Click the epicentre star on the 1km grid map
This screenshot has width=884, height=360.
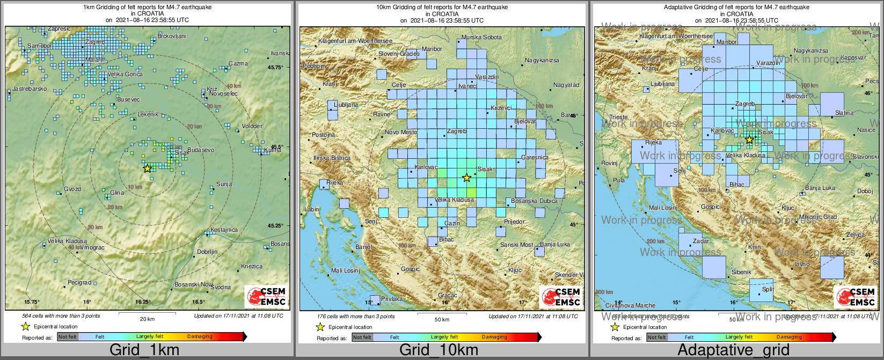[147, 168]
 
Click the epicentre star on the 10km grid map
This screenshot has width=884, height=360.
[466, 178]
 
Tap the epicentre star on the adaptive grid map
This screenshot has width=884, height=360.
[749, 140]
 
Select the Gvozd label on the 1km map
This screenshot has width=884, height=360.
[72, 189]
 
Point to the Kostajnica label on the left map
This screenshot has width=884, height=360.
[224, 230]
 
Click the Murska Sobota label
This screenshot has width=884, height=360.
[482, 37]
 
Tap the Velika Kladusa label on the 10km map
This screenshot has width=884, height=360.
[454, 200]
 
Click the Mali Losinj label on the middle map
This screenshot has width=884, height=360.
[345, 270]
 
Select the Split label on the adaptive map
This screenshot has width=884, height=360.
[768, 290]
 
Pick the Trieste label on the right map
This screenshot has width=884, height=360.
[618, 117]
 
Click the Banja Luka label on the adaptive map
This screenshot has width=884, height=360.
[820, 188]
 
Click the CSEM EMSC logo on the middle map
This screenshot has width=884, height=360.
[561, 297]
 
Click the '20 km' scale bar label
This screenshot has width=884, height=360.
[147, 319]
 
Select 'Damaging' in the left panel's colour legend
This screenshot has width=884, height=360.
[200, 337]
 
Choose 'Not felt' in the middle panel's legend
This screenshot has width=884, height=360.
[362, 337]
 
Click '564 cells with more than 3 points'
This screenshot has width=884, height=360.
[61, 316]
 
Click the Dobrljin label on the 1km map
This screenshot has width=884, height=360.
[207, 252]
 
